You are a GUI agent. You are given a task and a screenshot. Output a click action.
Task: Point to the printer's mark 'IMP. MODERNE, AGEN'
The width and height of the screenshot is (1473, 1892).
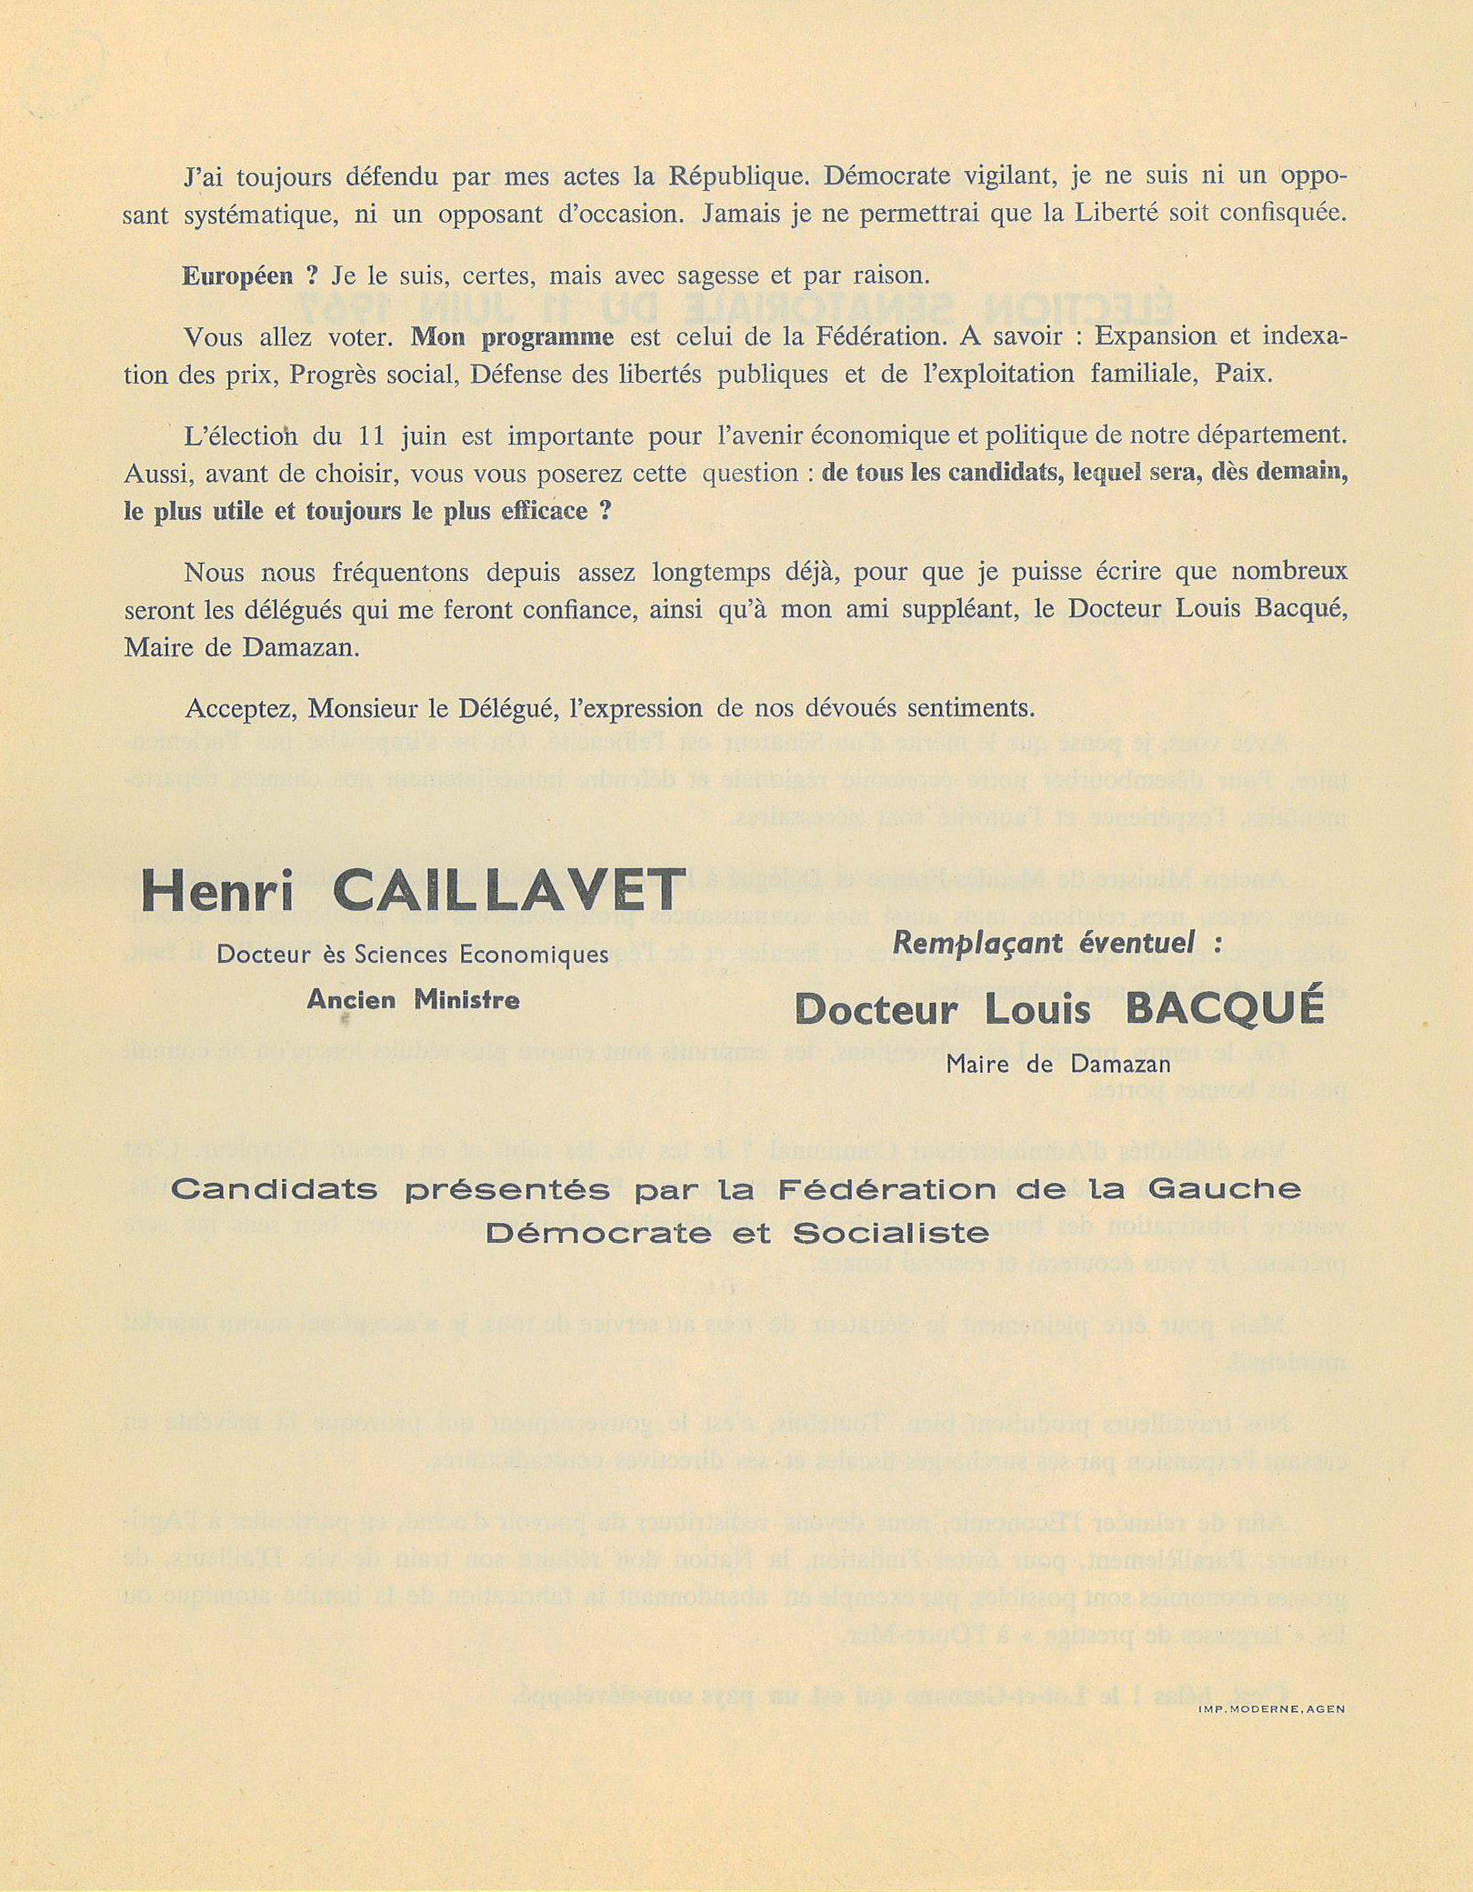pyautogui.click(x=1271, y=1709)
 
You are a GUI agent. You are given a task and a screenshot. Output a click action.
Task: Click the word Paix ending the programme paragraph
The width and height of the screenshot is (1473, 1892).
pyautogui.click(x=1242, y=374)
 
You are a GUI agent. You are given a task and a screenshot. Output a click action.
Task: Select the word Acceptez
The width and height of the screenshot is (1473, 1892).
pyautogui.click(x=238, y=708)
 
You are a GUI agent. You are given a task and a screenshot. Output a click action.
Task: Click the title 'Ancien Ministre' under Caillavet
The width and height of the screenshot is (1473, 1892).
pyautogui.click(x=413, y=1000)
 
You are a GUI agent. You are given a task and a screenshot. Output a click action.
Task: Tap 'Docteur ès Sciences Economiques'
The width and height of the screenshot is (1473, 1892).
pyautogui.click(x=412, y=954)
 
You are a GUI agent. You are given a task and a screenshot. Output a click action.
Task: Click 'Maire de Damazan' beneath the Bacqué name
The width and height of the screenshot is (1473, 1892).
pyautogui.click(x=1058, y=1063)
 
